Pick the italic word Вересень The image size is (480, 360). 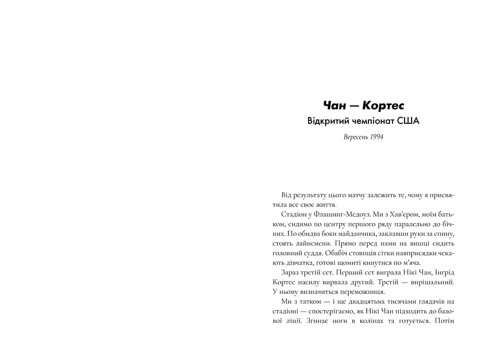(356, 137)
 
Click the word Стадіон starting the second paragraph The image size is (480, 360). (294, 214)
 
